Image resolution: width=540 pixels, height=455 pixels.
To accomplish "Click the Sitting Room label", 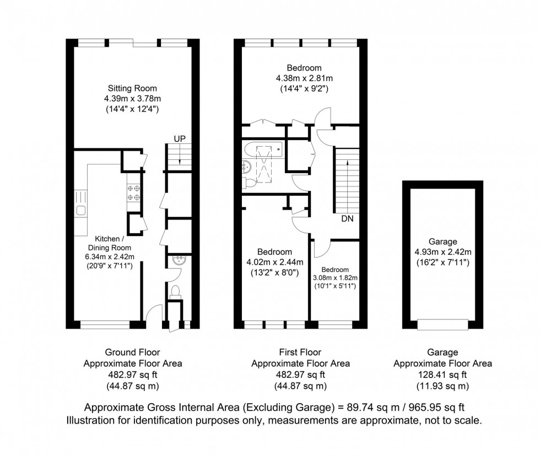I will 132,88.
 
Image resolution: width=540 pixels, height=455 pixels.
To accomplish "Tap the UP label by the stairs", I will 180,138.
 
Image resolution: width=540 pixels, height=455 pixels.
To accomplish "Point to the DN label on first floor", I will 347,219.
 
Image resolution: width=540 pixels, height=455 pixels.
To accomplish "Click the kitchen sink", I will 80,210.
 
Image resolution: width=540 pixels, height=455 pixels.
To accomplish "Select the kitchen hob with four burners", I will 133,192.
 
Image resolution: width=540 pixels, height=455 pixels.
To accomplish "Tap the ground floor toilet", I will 176,291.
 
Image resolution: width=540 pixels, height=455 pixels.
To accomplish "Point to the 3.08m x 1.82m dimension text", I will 336,277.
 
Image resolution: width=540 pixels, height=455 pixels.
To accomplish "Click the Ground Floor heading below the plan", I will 132,352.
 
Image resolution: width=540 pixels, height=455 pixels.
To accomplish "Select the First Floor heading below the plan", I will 300,352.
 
